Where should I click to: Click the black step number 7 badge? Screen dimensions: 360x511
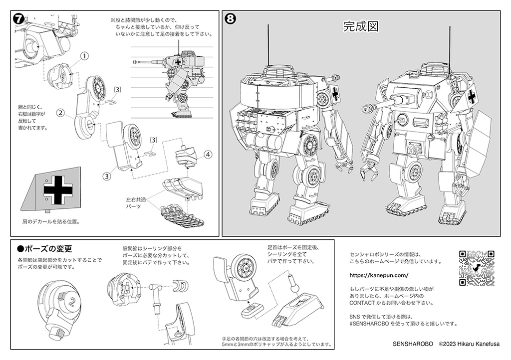tap(18, 19)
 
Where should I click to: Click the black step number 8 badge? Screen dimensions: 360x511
tap(231, 19)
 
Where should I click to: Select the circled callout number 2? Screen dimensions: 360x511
tap(59, 113)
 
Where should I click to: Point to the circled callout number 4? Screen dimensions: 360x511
tap(207, 154)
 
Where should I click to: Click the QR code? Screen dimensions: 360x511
tap(476, 268)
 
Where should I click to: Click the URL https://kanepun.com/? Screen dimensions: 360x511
tap(379, 275)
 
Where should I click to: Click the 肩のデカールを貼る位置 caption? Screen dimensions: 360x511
tap(50, 221)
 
